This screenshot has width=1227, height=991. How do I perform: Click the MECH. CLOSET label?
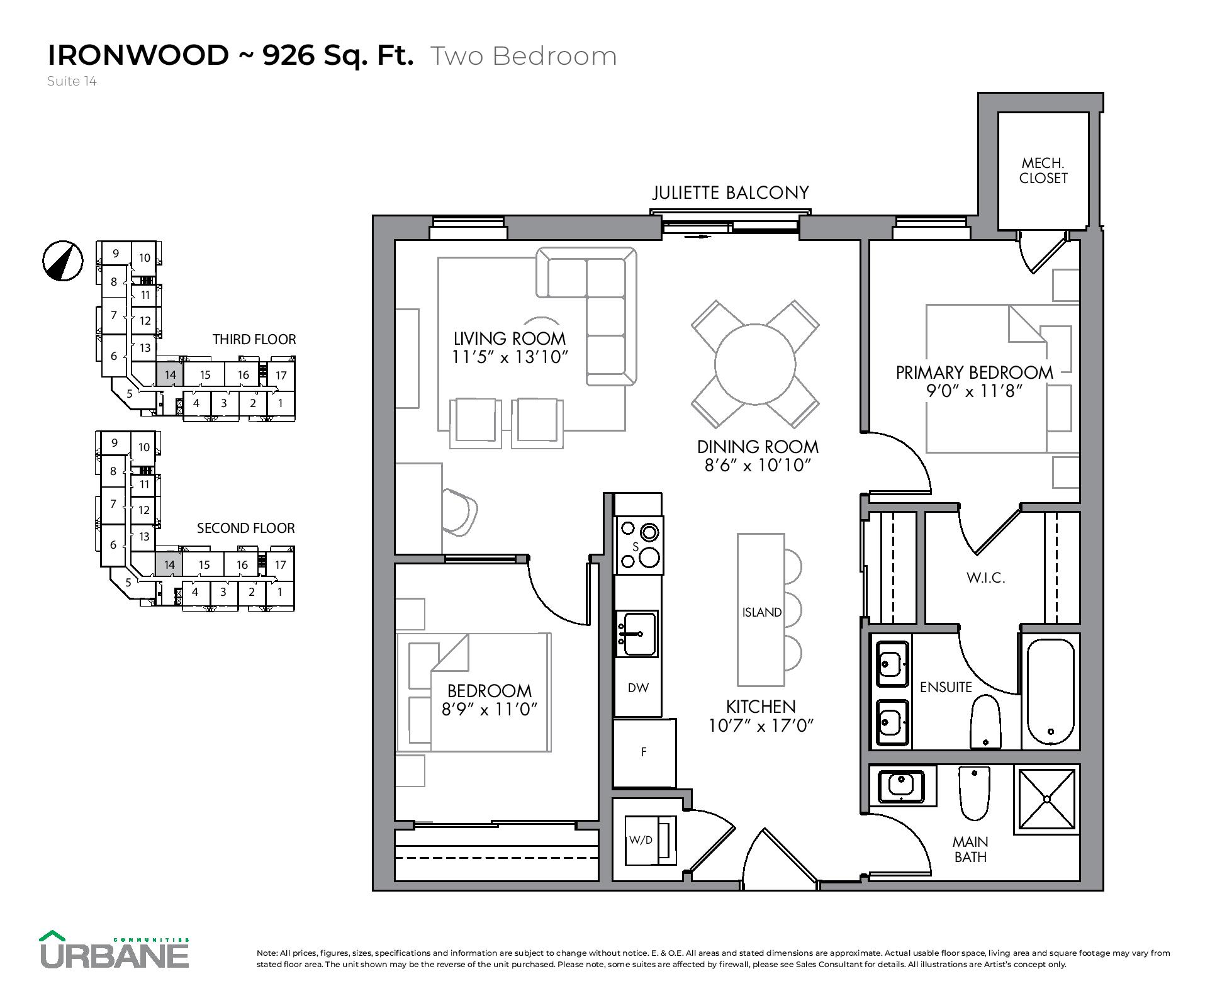1043,171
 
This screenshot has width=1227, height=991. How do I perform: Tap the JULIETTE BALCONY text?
731,193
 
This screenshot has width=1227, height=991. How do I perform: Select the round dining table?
755,364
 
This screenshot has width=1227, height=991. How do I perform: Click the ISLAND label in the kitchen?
761,612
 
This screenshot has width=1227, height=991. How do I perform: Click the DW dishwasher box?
638,688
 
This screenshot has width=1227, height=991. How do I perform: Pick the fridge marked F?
644,753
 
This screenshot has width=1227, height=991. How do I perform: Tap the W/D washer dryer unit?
650,841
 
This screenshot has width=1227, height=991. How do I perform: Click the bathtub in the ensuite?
1050,691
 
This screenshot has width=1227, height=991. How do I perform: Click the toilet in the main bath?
974,792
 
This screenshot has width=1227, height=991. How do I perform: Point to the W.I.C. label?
985,578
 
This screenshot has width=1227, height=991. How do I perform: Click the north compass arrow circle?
63,260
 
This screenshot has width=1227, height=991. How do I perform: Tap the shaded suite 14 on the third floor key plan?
169,374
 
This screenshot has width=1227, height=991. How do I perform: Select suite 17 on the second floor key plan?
281,565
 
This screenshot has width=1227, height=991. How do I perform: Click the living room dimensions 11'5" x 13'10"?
510,357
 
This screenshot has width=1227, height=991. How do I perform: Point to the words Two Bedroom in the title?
524,56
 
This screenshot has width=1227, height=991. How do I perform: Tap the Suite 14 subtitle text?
72,81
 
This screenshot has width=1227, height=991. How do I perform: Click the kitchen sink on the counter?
637,633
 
